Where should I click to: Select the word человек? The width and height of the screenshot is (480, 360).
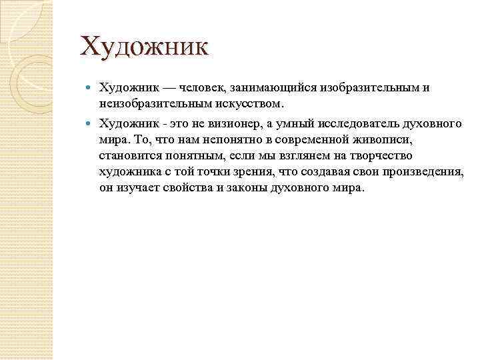point(204,88)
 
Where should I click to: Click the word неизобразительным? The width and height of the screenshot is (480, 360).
point(153,104)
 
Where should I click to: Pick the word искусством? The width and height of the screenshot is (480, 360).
point(250,104)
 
